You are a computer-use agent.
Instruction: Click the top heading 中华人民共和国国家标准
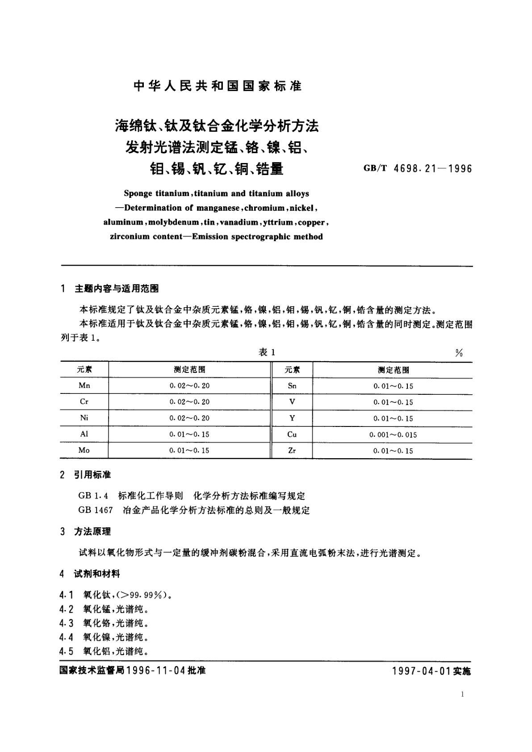[x=218, y=86]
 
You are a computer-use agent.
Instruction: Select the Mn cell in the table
[x=84, y=385]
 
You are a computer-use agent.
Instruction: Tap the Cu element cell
[x=292, y=434]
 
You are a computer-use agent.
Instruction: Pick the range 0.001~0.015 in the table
[x=393, y=434]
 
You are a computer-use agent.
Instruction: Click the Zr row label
[x=292, y=451]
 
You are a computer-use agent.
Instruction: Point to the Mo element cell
[x=84, y=450]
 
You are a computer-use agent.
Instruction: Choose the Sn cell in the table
[x=292, y=386]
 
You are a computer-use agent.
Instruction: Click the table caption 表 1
[x=267, y=352]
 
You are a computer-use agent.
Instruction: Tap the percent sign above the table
[x=459, y=353]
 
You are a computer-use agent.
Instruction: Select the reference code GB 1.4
[x=93, y=496]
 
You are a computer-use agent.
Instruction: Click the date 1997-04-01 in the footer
[x=421, y=672]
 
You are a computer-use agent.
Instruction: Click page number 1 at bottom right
[x=462, y=694]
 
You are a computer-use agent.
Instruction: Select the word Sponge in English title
[x=138, y=194]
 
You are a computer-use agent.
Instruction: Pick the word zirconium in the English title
[x=130, y=237]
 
